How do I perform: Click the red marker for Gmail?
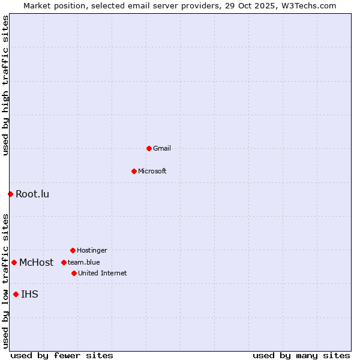click(149, 148)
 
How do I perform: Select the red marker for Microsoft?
click(134, 171)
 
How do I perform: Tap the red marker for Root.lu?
click(10, 194)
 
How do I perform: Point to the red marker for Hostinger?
click(73, 250)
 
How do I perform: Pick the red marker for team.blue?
click(64, 262)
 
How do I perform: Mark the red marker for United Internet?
click(74, 273)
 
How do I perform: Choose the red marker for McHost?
click(14, 262)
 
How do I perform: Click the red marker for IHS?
click(16, 294)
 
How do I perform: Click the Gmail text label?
click(162, 148)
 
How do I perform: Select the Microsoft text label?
click(152, 171)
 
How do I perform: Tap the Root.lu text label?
click(32, 194)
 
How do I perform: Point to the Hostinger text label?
click(92, 250)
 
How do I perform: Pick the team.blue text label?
click(84, 262)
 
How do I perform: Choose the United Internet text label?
click(103, 273)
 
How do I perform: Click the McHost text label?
click(36, 262)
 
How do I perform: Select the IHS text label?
click(29, 294)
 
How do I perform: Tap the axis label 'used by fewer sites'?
click(62, 355)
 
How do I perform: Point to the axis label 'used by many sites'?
click(301, 355)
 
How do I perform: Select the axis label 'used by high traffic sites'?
click(5, 85)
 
